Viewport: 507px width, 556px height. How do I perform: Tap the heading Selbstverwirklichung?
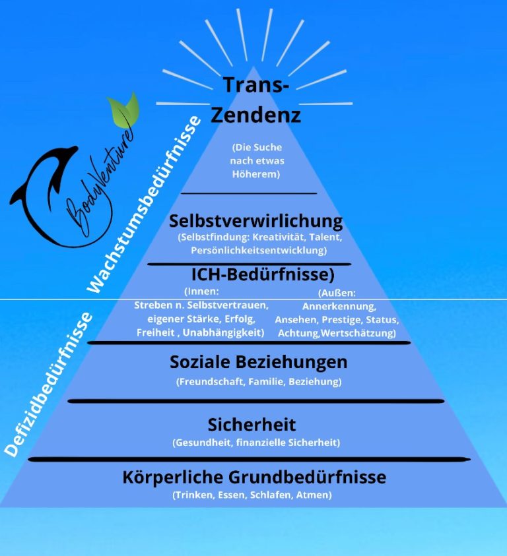click(255, 220)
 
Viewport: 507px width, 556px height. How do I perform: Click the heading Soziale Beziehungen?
click(258, 362)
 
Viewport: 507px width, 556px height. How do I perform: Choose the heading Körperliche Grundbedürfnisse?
click(254, 477)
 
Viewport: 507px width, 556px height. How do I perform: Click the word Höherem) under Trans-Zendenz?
click(255, 174)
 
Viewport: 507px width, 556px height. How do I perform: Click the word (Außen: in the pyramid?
click(337, 293)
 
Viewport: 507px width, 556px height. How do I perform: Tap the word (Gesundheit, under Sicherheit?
click(203, 443)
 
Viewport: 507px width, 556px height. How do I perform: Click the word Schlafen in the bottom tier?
click(271, 495)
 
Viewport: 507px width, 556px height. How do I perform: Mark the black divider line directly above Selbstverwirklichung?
click(248, 194)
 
